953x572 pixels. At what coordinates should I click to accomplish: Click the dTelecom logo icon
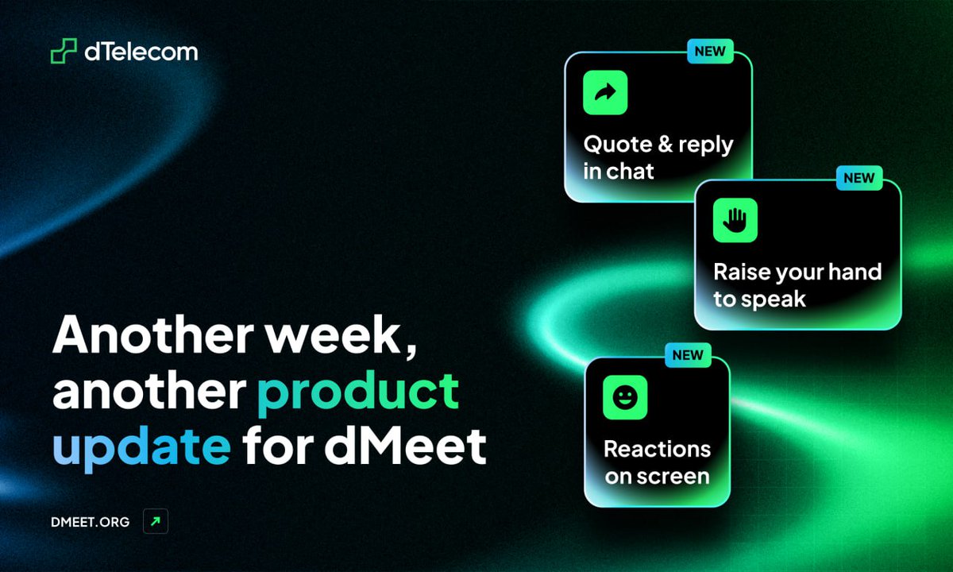click(64, 52)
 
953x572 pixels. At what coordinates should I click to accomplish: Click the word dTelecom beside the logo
click(141, 52)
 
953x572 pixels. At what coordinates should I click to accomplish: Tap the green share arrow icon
click(605, 93)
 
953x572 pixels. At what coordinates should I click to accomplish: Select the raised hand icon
click(735, 220)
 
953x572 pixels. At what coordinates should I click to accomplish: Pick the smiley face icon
click(625, 397)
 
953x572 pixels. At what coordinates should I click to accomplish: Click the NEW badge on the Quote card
click(710, 52)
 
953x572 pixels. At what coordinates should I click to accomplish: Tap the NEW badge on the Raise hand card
click(858, 178)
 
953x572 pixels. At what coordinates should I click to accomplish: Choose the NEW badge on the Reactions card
click(688, 355)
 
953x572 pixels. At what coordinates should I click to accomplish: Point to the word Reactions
click(657, 449)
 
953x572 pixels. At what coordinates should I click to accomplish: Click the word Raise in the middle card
click(740, 272)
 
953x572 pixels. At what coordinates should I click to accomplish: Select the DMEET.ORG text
click(89, 522)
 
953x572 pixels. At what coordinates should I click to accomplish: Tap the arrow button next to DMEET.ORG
click(156, 522)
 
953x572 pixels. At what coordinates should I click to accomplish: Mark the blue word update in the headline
click(141, 447)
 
